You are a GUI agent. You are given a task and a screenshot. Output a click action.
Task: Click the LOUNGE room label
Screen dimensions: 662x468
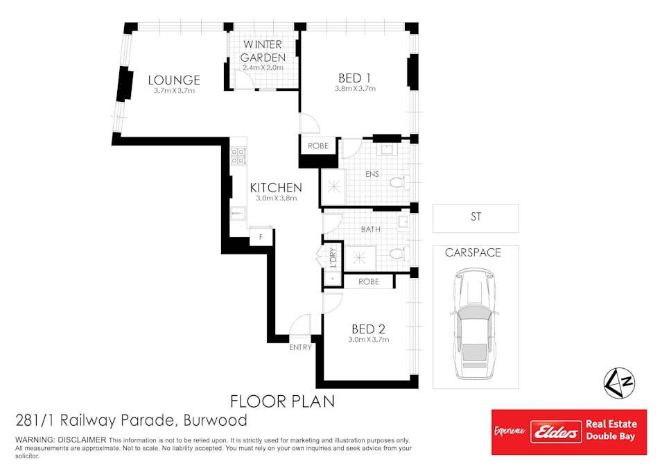point(173,80)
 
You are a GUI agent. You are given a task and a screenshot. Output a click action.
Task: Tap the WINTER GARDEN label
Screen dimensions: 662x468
point(263,51)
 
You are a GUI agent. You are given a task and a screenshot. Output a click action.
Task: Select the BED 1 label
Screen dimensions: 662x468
point(355,78)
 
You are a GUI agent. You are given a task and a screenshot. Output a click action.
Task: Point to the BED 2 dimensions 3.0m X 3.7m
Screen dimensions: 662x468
point(369,340)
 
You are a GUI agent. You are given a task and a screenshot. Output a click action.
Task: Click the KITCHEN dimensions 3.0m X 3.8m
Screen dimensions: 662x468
point(276,198)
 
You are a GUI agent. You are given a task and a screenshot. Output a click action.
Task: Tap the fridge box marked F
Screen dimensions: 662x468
point(261,237)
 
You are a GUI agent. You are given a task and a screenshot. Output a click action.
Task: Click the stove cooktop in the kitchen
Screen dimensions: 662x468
point(238,156)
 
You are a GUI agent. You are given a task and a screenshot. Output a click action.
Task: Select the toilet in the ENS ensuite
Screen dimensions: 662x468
point(399,183)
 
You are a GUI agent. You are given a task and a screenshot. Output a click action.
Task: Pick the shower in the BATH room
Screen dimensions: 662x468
point(359,257)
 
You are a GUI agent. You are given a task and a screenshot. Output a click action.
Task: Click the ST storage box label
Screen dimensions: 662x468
point(476,217)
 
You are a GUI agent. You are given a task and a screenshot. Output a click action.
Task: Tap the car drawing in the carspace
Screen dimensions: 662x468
point(473,323)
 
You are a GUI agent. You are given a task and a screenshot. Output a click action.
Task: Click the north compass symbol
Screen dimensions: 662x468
point(619,383)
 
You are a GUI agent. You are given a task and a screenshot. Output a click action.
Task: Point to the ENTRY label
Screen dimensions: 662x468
point(300,347)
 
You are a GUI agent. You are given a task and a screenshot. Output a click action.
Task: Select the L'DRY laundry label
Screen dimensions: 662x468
point(333,257)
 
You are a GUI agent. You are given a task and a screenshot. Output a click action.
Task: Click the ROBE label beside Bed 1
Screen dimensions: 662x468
point(318,146)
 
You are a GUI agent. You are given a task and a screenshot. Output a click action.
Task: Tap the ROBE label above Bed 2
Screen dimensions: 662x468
point(369,281)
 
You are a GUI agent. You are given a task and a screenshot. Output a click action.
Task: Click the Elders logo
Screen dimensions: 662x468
point(556,432)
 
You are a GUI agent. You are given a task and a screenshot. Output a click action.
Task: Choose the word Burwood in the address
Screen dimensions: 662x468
point(216,420)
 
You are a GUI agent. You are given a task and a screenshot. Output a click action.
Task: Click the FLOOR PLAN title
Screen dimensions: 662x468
point(282,401)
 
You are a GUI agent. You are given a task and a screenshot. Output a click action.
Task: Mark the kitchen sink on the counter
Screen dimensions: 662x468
point(238,214)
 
